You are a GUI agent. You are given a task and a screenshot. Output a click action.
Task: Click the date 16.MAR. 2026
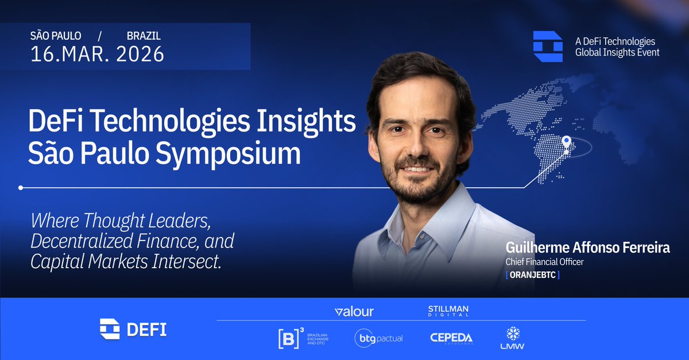[97, 53]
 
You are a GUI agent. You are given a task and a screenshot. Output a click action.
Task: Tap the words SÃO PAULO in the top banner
[56, 36]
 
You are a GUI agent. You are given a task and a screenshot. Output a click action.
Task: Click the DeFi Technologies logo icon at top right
[548, 47]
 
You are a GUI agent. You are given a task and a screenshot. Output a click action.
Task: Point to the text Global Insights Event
[617, 52]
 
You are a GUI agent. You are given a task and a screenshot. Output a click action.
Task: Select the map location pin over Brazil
[566, 141]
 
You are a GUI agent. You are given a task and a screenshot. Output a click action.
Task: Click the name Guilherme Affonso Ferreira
[587, 248]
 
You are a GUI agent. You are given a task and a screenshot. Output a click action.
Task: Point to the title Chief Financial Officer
[545, 262]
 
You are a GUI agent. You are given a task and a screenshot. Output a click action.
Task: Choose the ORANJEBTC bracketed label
[532, 275]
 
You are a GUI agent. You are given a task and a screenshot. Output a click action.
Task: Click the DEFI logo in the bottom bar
[133, 330]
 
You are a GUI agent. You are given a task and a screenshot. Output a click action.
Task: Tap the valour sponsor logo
[354, 312]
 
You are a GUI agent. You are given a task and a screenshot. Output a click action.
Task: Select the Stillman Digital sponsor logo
[448, 311]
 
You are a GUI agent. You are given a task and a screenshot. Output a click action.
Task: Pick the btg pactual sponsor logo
[378, 338]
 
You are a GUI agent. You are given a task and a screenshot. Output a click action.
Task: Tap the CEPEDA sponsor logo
[451, 338]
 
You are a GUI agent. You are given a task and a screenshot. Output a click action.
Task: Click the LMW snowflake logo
[512, 338]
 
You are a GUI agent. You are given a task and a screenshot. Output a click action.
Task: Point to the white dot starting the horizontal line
[21, 187]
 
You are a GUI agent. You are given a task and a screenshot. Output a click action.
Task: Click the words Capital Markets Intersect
[126, 261]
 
